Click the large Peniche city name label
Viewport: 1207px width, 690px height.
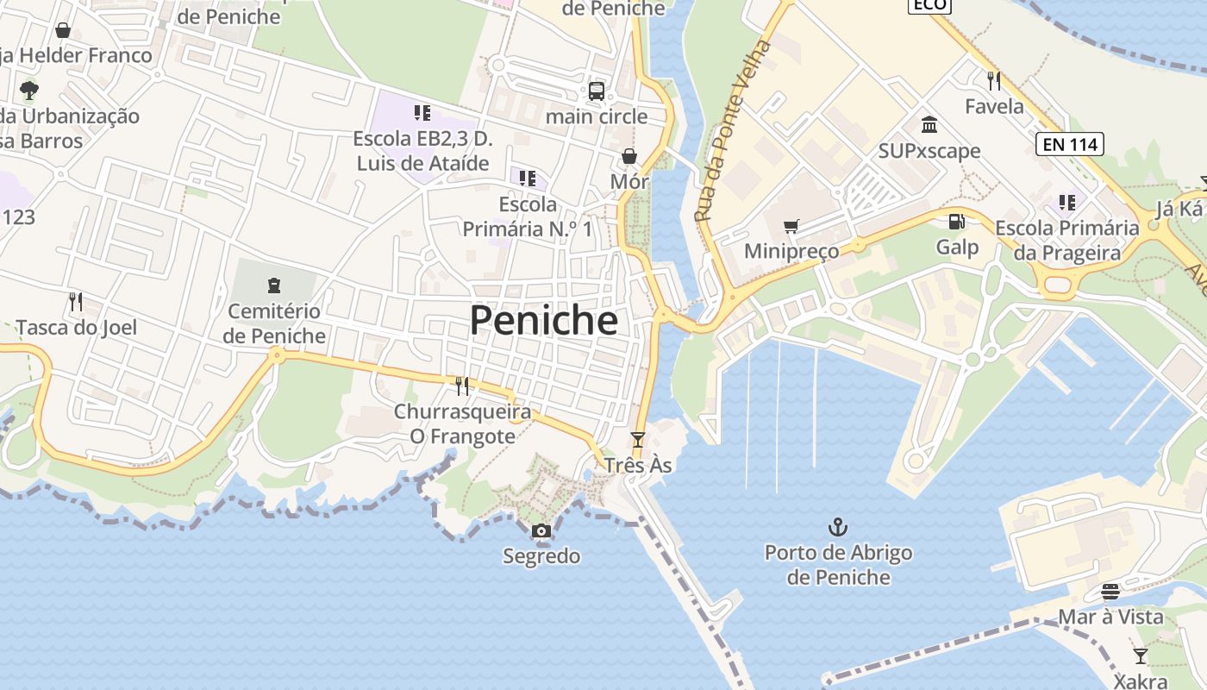(x=544, y=321)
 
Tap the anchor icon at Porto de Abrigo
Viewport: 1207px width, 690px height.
(x=837, y=526)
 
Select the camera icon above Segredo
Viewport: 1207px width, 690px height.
(x=541, y=530)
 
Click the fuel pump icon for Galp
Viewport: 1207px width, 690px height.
(x=956, y=222)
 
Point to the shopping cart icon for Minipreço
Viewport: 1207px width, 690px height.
(x=791, y=227)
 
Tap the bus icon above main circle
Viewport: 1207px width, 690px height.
(x=597, y=91)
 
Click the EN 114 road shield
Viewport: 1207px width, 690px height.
(x=1071, y=144)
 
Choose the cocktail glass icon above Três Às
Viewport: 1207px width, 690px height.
(x=637, y=440)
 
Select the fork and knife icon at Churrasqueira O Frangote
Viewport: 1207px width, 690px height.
(x=462, y=386)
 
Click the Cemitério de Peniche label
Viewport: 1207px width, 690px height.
(x=274, y=323)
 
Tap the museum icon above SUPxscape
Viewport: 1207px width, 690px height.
(x=929, y=125)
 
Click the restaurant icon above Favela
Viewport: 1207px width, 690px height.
(x=994, y=81)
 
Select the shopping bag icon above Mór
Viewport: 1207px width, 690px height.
(x=629, y=156)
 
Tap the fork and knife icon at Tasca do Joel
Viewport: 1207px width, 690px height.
(x=76, y=302)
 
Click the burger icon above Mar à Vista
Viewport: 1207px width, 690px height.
(x=1110, y=592)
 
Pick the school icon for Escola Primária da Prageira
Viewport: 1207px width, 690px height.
(x=1067, y=203)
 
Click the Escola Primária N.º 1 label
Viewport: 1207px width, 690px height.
(x=528, y=216)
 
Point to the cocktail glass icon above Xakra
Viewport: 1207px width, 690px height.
(x=1141, y=655)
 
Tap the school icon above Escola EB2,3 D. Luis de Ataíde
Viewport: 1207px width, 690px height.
(x=422, y=113)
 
